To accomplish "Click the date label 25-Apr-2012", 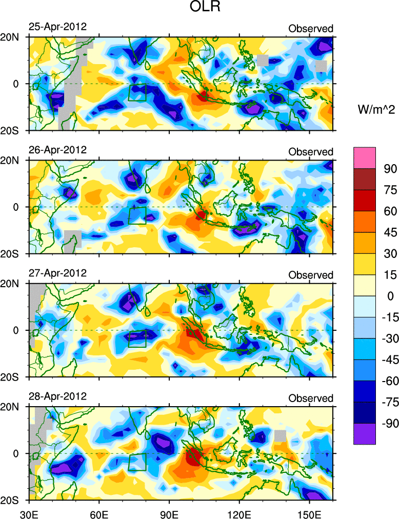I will click(57, 27).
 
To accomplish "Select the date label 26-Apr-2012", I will click(57, 150).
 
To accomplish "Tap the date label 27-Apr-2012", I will click(57, 273).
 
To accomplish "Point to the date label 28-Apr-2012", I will click(57, 396).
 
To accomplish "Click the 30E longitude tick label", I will click(28, 512).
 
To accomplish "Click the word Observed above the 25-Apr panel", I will click(311, 29).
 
